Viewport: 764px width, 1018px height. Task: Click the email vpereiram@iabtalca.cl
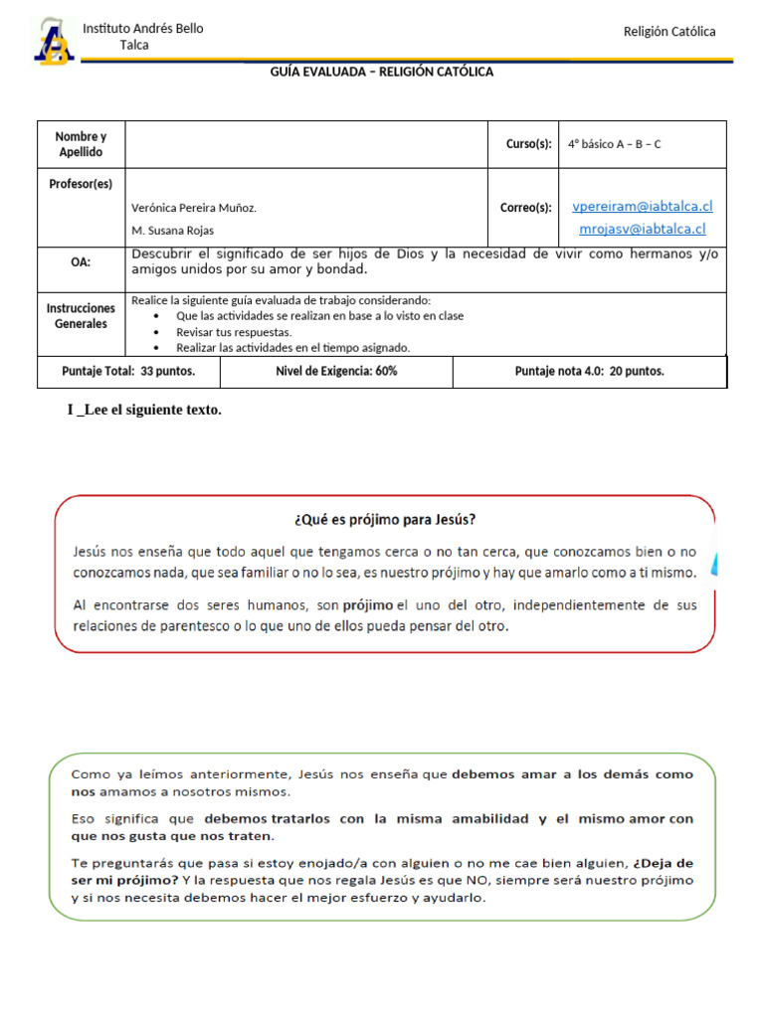pyautogui.click(x=643, y=207)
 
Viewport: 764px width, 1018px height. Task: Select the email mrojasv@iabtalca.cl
pyautogui.click(x=643, y=229)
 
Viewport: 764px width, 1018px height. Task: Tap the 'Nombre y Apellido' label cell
pyautogui.click(x=81, y=144)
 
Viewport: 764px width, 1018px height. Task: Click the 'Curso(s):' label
pyautogui.click(x=528, y=144)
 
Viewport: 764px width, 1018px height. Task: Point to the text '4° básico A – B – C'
pyautogui.click(x=614, y=144)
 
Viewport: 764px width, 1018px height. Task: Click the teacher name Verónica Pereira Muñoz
pyautogui.click(x=194, y=208)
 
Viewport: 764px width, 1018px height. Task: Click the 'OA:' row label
pyautogui.click(x=81, y=262)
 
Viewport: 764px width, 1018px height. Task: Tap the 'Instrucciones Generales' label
pyautogui.click(x=81, y=316)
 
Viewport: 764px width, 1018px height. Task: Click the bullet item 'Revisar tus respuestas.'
pyautogui.click(x=234, y=332)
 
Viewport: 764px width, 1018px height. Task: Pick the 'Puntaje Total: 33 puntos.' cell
pyautogui.click(x=128, y=371)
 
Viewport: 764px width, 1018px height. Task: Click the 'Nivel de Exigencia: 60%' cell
pyautogui.click(x=336, y=371)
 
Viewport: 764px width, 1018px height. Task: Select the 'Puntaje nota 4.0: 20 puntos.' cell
pyautogui.click(x=589, y=371)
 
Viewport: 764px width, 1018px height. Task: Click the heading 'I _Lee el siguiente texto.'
pyautogui.click(x=144, y=411)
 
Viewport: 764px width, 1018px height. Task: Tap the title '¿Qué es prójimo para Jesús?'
pyautogui.click(x=385, y=519)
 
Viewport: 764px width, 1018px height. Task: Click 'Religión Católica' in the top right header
pyautogui.click(x=668, y=32)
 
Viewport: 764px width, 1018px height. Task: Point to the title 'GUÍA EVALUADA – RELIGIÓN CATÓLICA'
pyautogui.click(x=382, y=72)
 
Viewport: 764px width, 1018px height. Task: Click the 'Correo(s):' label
pyautogui.click(x=525, y=208)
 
